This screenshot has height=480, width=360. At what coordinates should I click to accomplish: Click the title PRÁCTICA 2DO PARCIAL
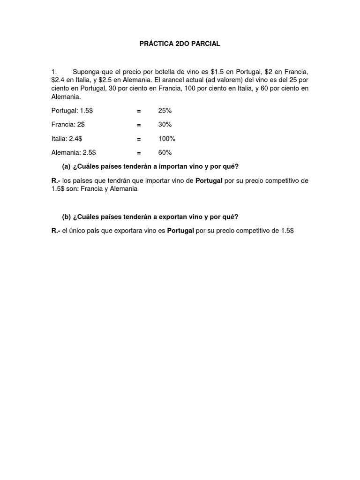(180, 44)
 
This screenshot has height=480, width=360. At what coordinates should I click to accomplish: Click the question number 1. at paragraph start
(54, 72)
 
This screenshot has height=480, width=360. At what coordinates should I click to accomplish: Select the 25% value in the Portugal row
(165, 111)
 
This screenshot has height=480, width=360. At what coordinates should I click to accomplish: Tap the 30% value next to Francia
(165, 125)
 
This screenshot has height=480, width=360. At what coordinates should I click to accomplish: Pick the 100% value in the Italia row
(166, 139)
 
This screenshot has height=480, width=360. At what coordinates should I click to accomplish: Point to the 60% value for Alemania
(165, 153)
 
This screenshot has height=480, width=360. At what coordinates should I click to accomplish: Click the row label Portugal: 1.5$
(72, 111)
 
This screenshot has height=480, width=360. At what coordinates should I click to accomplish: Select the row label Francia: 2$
(68, 125)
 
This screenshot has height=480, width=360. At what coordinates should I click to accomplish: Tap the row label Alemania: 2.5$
(74, 153)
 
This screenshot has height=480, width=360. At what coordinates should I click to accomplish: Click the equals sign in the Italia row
(139, 139)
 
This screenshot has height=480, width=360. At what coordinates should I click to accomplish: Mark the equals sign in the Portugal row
(139, 111)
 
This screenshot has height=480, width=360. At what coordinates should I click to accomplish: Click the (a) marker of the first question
(66, 167)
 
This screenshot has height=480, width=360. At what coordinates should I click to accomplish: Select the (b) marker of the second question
(66, 217)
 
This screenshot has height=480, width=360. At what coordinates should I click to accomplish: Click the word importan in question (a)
(155, 167)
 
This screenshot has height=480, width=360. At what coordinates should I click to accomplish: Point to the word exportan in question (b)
(155, 217)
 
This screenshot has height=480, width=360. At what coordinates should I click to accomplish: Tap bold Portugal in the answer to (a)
(209, 181)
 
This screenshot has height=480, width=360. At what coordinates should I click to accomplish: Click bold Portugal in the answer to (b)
(180, 231)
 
